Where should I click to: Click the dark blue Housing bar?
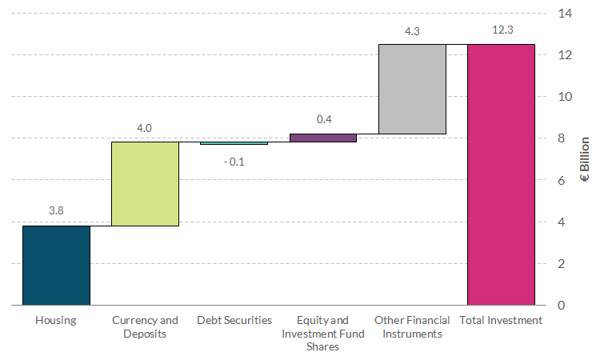pyautogui.click(x=56, y=265)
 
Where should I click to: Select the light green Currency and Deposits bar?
pyautogui.click(x=145, y=183)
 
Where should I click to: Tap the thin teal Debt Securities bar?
pyautogui.click(x=234, y=143)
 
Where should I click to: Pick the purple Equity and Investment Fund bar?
pyautogui.click(x=323, y=138)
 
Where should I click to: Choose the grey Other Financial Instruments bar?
pyautogui.click(x=412, y=89)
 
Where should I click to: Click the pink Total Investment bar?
pyautogui.click(x=501, y=174)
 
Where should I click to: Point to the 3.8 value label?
pyautogui.click(x=56, y=211)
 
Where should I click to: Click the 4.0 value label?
pyautogui.click(x=145, y=127)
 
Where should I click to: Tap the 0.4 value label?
pyautogui.click(x=323, y=119)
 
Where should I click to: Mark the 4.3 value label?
pyautogui.click(x=412, y=30)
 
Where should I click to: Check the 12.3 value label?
pyautogui.click(x=501, y=30)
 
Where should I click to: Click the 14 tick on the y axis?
pyautogui.click(x=565, y=14)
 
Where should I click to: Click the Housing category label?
pyautogui.click(x=56, y=321)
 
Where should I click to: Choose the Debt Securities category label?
pyautogui.click(x=234, y=321)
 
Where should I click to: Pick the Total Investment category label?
pyautogui.click(x=501, y=321)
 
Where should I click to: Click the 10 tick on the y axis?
pyautogui.click(x=565, y=97)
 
